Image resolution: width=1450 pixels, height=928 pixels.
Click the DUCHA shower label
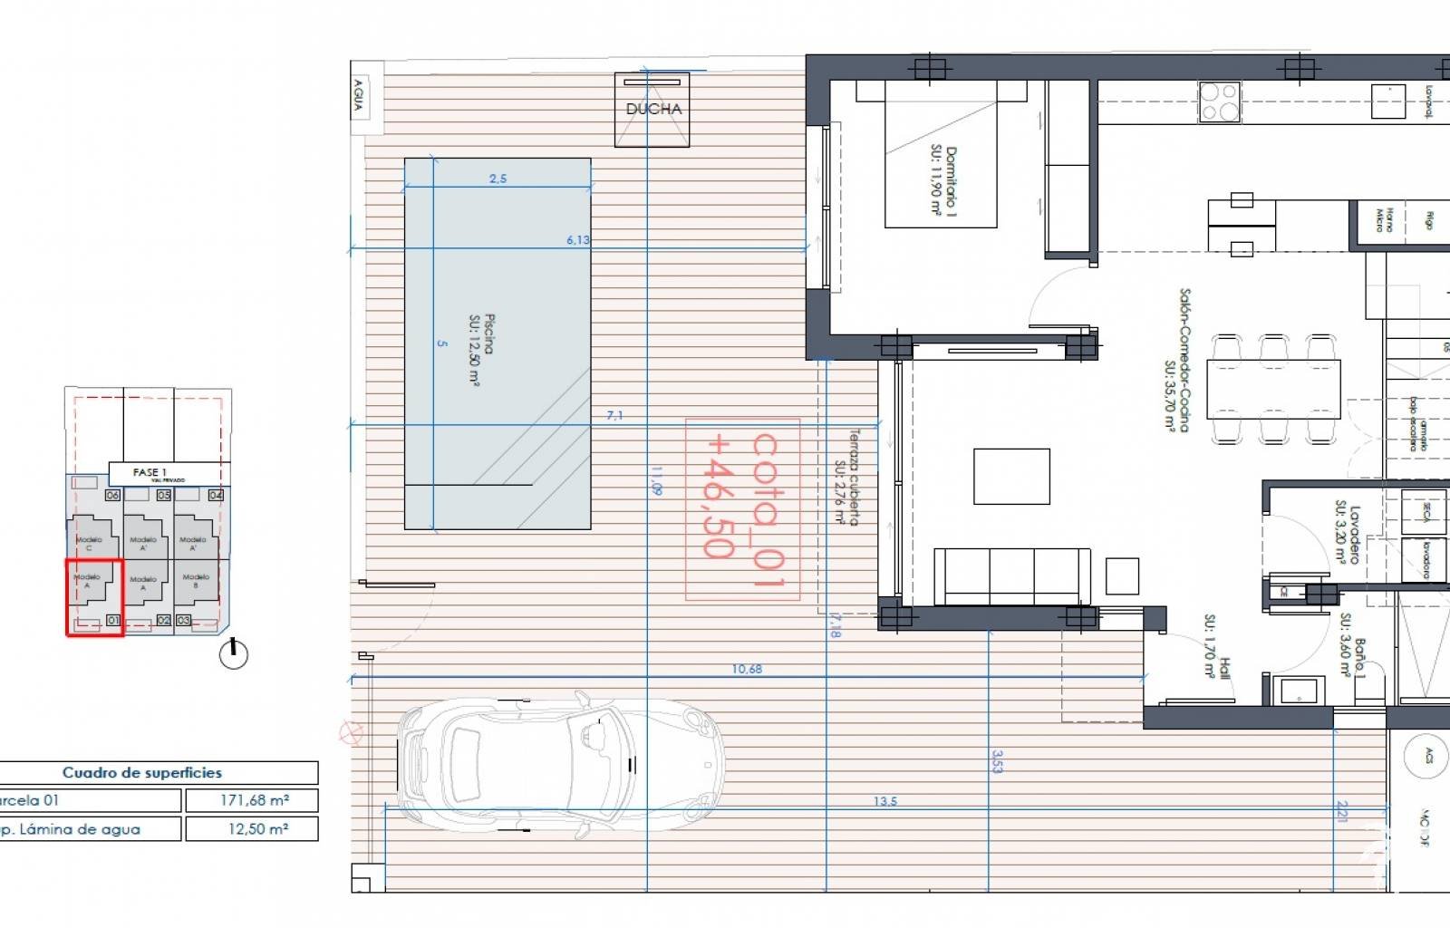coord(652,109)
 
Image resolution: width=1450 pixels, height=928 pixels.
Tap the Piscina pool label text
coord(481,349)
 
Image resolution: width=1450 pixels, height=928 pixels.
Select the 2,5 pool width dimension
coord(498,179)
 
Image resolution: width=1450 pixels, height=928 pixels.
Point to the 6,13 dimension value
coord(577,240)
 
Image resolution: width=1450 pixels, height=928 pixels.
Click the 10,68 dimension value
coord(747,669)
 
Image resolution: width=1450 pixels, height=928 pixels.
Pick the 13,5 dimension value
coord(885,801)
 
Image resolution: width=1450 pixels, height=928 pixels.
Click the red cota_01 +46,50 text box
coord(742,508)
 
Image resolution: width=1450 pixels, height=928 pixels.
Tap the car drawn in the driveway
coord(560,767)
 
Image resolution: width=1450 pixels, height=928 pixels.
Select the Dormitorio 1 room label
coord(942,181)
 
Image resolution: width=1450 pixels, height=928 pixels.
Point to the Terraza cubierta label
coord(846,477)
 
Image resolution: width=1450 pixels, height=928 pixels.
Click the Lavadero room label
coord(1348,535)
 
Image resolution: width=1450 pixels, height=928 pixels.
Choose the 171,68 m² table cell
coord(252,800)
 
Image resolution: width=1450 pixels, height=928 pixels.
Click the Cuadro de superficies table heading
coord(142,772)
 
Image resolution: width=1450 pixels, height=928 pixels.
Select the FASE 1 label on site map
coord(150,472)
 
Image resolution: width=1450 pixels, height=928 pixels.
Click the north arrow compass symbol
coord(234,653)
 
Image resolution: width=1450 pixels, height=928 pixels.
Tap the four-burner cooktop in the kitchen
coord(1219,101)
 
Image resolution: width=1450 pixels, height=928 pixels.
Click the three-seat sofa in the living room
coord(1011,576)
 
